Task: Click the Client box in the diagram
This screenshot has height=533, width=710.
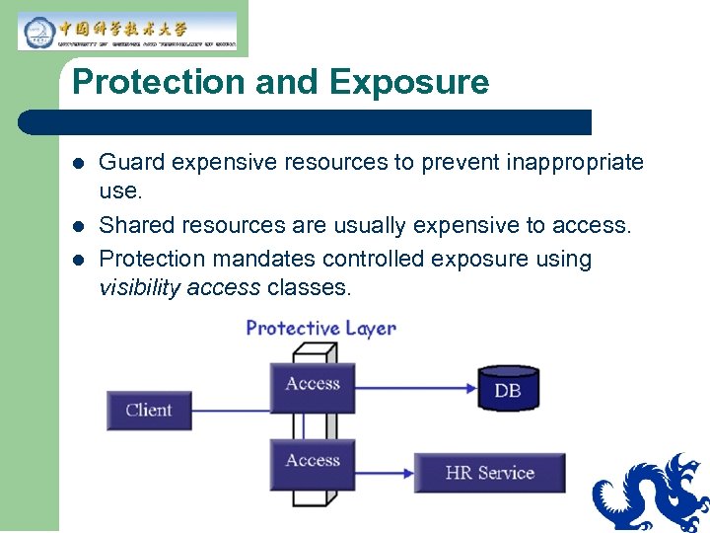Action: click(x=148, y=410)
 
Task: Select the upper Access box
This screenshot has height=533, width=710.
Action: click(x=312, y=385)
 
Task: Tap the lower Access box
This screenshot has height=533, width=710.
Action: click(x=312, y=461)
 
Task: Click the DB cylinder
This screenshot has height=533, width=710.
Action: click(x=508, y=388)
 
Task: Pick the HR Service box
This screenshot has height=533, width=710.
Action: click(x=489, y=473)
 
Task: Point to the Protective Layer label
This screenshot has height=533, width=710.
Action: click(x=320, y=328)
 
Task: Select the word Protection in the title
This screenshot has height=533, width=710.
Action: click(x=158, y=82)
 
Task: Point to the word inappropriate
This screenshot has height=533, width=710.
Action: click(x=557, y=162)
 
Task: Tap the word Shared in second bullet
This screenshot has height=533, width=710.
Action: click(x=132, y=226)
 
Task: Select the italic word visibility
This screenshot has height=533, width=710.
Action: click(x=138, y=288)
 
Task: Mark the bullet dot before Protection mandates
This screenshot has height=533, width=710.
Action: click(x=78, y=260)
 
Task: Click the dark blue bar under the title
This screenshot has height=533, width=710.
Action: click(x=306, y=122)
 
